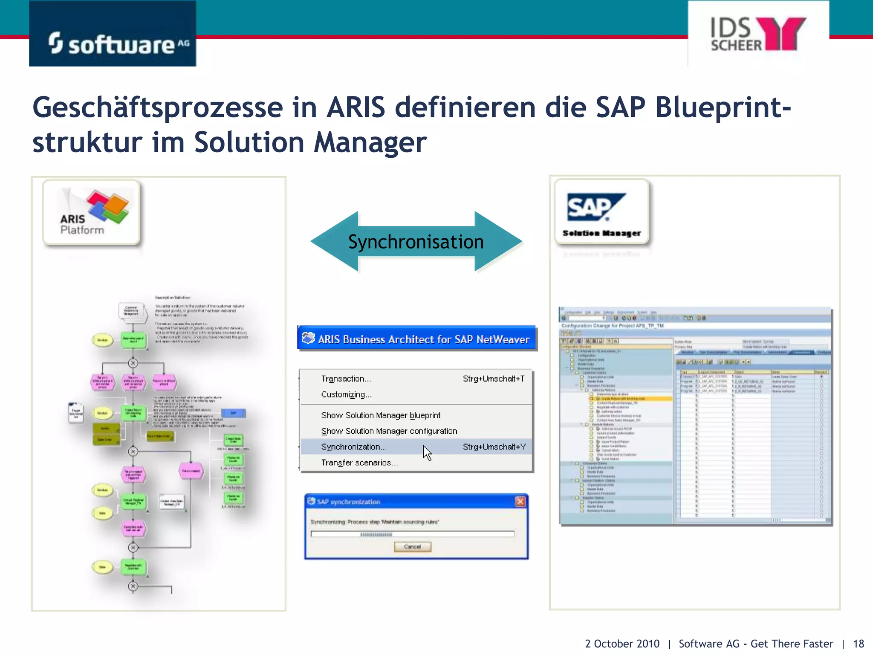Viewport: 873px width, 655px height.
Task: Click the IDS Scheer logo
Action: (758, 34)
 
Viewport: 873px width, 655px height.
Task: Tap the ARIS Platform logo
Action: (92, 212)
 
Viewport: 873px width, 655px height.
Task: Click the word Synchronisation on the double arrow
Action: (416, 242)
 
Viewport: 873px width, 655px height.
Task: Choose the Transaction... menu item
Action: (346, 379)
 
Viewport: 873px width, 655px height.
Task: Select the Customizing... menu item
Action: (346, 394)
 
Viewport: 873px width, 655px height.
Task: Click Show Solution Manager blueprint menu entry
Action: (381, 415)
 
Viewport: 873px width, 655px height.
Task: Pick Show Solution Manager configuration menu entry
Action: (389, 431)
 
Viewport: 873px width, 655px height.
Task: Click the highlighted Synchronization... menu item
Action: (354, 447)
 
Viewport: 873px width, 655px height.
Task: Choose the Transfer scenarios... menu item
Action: (359, 463)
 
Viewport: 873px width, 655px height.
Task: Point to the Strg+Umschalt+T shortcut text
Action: (494, 379)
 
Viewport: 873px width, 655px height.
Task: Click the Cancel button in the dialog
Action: (412, 547)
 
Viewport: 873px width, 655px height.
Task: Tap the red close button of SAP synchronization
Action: (520, 501)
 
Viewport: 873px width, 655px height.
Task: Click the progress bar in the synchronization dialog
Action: (412, 534)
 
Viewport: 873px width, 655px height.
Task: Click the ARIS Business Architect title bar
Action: (416, 339)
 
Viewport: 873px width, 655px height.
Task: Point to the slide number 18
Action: (859, 643)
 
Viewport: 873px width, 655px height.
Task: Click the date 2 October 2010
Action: (622, 643)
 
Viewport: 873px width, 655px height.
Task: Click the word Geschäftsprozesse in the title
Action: (158, 108)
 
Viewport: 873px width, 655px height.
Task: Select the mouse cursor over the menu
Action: (427, 452)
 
